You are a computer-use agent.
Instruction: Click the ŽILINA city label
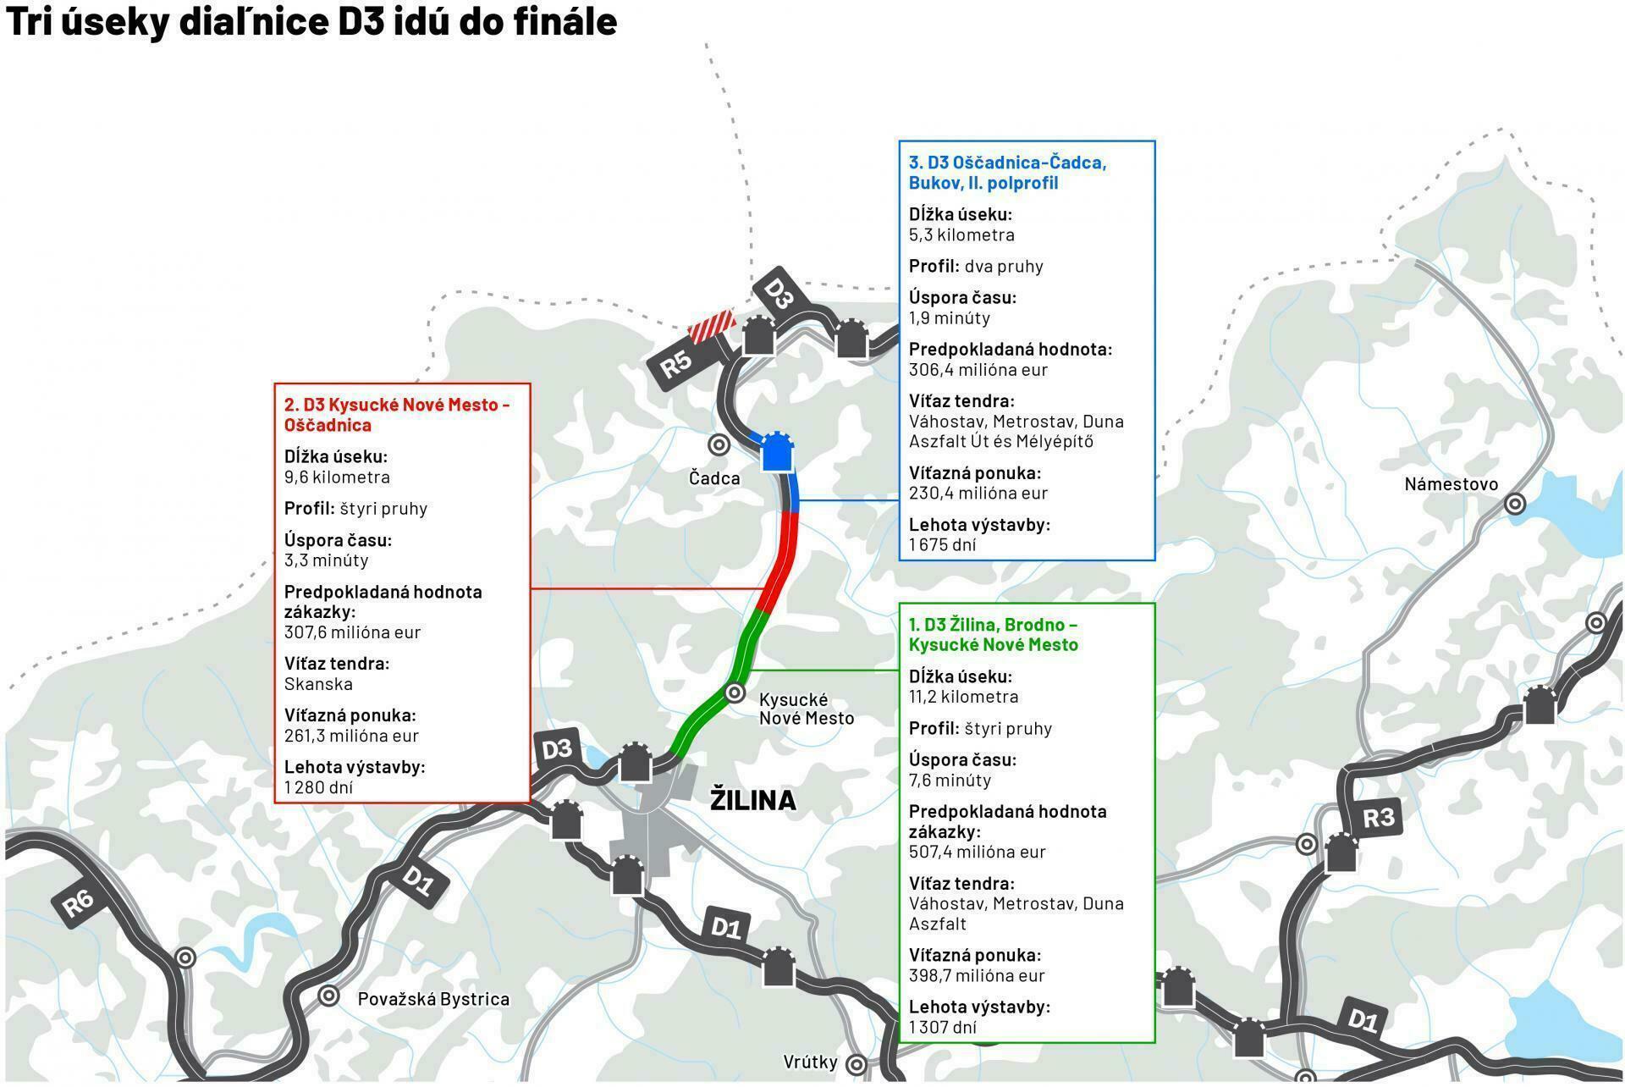752,800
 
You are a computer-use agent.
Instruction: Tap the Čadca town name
714,478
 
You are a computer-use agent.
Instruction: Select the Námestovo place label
1451,484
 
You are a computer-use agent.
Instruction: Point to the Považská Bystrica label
433,999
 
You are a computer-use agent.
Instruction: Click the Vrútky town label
810,1062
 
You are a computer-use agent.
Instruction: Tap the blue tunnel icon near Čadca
776,453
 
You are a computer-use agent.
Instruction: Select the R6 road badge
78,902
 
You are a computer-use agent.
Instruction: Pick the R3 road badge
1378,818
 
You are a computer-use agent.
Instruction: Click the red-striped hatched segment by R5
710,326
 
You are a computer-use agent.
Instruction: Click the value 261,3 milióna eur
351,736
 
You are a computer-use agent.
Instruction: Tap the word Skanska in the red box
318,684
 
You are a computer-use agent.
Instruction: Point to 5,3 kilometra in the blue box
961,235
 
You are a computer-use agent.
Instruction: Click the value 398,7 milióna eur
977,975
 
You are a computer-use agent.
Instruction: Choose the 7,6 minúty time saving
950,780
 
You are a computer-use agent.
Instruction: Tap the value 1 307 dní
942,1027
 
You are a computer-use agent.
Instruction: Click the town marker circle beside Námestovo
1515,505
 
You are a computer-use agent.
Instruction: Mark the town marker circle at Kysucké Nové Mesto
735,693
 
